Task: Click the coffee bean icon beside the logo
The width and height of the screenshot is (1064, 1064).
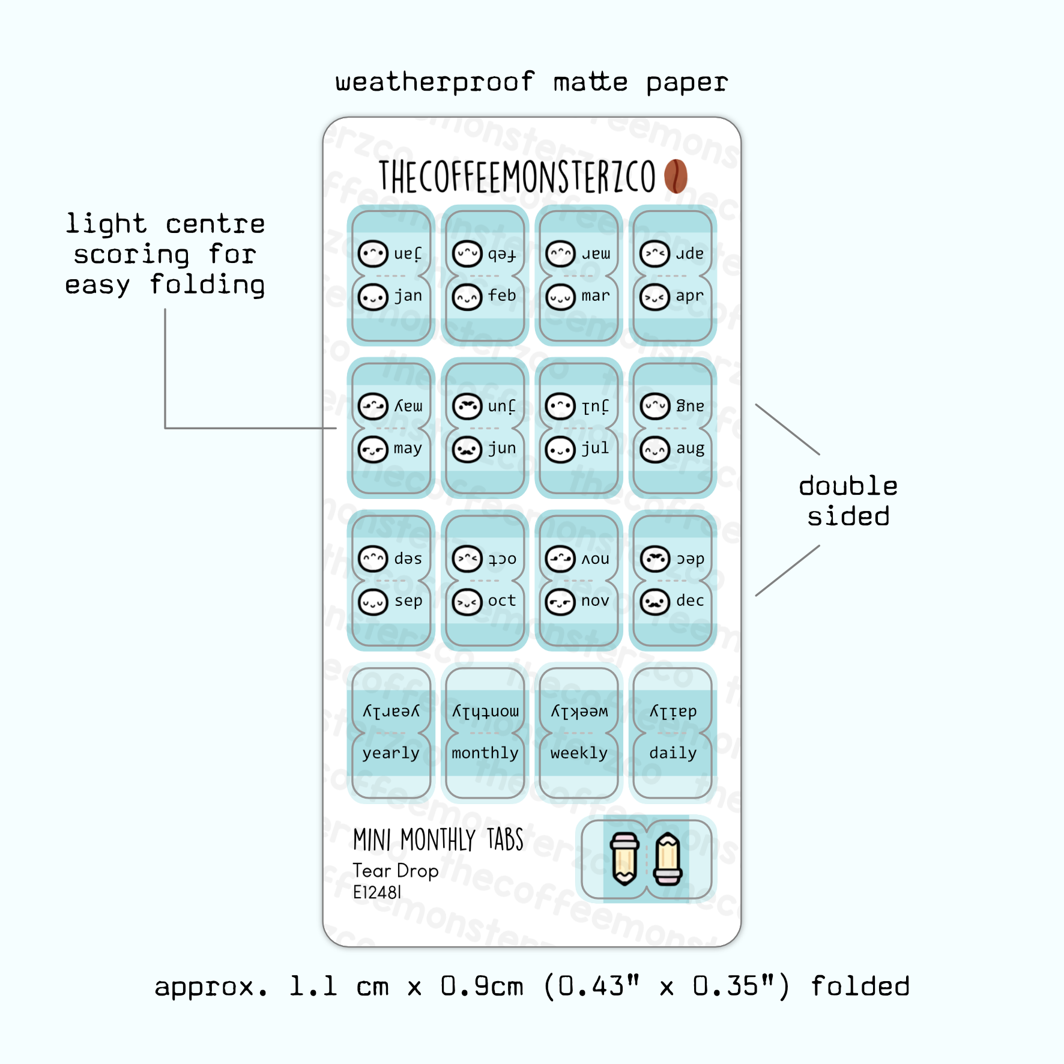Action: coord(676,176)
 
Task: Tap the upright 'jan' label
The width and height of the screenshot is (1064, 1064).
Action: coord(408,295)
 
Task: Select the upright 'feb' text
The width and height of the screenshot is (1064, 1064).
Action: coord(502,295)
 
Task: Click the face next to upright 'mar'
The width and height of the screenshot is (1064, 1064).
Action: coord(561,297)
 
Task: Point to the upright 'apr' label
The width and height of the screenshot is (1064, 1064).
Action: coord(689,295)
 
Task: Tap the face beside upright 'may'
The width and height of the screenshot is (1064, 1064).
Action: coord(373,449)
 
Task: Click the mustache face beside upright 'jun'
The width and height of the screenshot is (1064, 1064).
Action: coord(467,449)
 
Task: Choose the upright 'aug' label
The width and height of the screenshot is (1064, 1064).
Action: coord(690,449)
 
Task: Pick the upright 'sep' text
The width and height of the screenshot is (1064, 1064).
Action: coord(408,601)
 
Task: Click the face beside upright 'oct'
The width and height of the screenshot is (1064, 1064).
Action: coord(467,602)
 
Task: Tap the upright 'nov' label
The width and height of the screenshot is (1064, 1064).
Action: coord(595,600)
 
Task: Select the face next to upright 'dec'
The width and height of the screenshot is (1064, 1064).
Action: coord(655,602)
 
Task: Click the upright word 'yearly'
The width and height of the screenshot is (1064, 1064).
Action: coord(391,753)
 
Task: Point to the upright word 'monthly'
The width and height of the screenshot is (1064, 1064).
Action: coord(485,753)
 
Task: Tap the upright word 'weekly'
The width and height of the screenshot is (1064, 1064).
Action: coord(579,753)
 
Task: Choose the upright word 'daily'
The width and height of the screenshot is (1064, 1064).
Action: coord(673,753)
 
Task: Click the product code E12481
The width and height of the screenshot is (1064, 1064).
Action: coord(377,892)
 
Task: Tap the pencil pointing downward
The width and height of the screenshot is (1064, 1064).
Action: coord(624,859)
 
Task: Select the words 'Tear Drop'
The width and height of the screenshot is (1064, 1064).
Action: coord(396,871)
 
